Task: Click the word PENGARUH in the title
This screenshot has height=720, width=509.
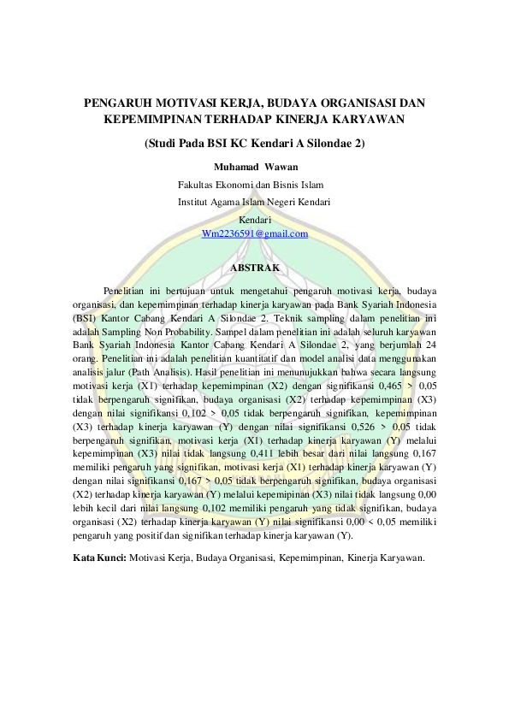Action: [x=115, y=103]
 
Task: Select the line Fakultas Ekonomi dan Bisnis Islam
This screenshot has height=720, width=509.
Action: [x=250, y=184]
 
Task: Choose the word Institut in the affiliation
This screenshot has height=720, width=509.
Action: [x=193, y=202]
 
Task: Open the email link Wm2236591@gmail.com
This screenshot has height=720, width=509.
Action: [x=254, y=233]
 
